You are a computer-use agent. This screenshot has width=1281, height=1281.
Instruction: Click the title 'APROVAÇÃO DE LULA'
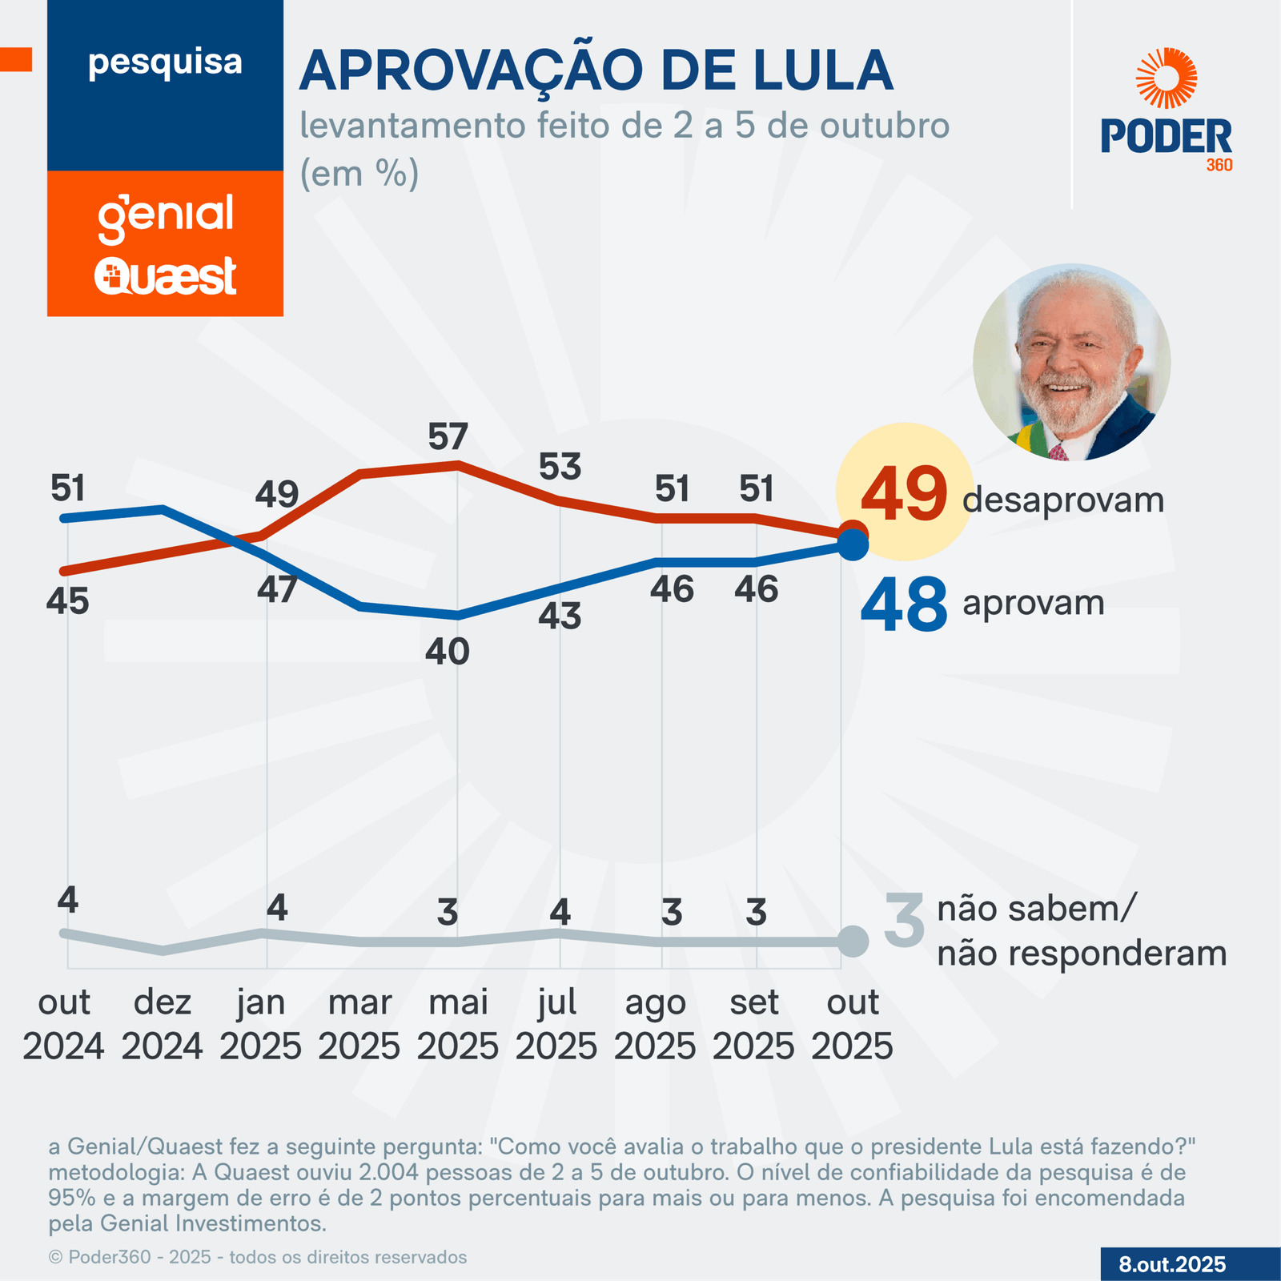[x=596, y=71]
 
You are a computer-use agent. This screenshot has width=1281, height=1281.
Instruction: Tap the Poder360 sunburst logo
[x=1167, y=78]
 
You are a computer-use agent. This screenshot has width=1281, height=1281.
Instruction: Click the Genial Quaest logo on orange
[x=166, y=244]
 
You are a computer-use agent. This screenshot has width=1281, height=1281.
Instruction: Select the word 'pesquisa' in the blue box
[x=165, y=62]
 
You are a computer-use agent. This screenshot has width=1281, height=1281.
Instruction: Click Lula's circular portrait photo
[x=1071, y=362]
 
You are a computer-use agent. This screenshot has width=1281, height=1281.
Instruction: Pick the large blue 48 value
[x=904, y=605]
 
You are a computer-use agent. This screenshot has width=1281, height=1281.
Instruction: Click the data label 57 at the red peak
[x=447, y=437]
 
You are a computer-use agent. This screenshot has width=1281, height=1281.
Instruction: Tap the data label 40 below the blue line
[x=447, y=653]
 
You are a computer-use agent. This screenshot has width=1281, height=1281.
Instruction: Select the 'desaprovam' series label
[x=1062, y=500]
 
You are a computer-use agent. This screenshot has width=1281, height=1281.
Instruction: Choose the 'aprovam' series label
[x=1033, y=603]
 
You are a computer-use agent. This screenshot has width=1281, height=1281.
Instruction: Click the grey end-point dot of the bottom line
[x=853, y=941]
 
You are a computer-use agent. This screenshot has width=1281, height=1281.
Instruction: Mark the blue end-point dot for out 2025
[x=853, y=545]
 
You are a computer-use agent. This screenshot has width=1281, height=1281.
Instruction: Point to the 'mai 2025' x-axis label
[x=458, y=1024]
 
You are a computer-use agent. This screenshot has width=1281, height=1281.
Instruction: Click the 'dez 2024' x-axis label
[x=163, y=1024]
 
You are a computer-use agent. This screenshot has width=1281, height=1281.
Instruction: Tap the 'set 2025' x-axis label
[x=753, y=1024]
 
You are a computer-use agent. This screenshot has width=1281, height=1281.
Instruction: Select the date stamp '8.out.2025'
[x=1172, y=1264]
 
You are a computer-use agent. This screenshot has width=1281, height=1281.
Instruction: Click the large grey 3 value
[x=904, y=921]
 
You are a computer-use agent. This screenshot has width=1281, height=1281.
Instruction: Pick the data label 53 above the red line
[x=560, y=467]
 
